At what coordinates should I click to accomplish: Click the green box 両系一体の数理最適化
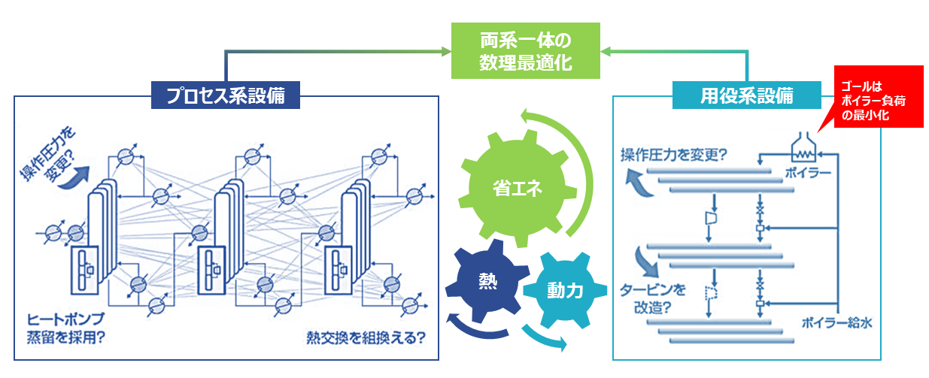click(525, 51)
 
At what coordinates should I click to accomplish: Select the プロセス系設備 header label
click(225, 95)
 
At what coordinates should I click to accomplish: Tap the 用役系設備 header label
click(746, 95)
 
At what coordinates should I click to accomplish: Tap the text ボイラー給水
click(839, 324)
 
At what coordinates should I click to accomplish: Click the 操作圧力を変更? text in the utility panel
click(672, 156)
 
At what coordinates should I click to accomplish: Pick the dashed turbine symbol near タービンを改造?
click(709, 293)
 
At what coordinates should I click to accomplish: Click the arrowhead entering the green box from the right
click(606, 51)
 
